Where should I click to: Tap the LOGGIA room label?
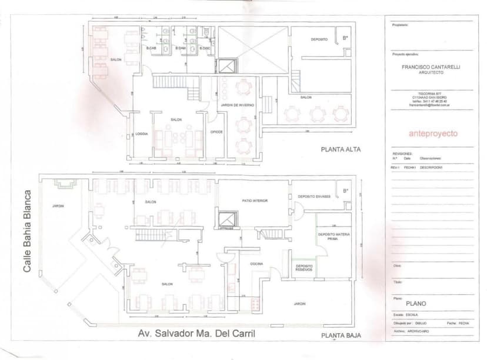[142, 134]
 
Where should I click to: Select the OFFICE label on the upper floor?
[216, 131]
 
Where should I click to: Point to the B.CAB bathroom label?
[151, 48]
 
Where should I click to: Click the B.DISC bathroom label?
[204, 48]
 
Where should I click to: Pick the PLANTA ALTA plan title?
[341, 149]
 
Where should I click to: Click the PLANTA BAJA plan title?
[341, 336]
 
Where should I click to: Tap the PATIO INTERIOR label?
[254, 201]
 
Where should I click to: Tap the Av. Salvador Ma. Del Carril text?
[196, 334]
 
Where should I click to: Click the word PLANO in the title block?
[416, 304]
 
